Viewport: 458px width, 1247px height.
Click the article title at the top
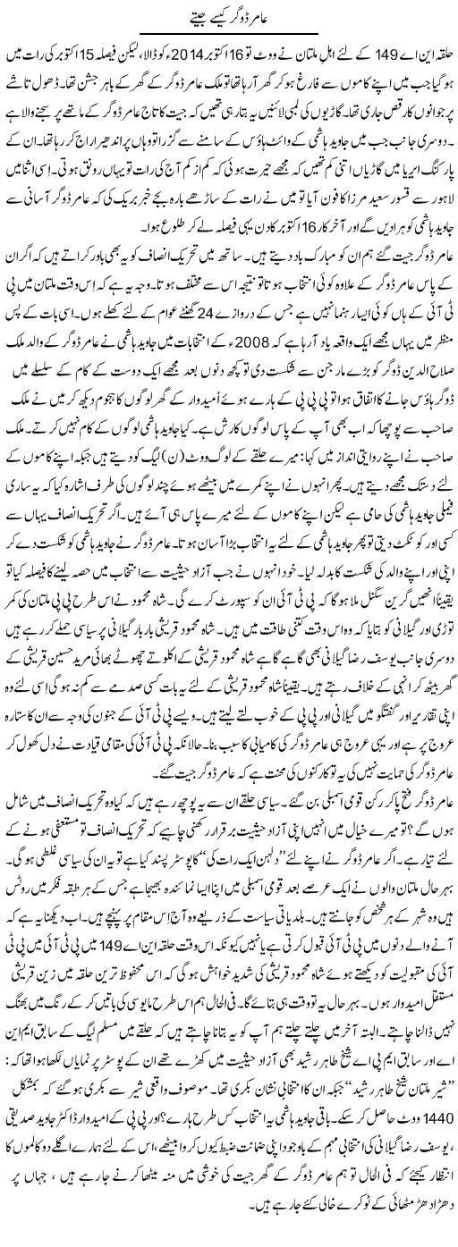tap(229, 15)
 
